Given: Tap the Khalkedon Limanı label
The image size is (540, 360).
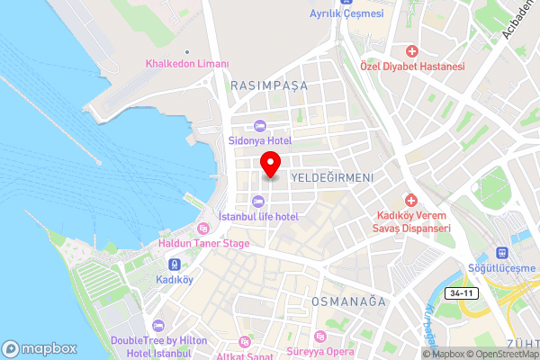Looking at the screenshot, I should tap(188, 65).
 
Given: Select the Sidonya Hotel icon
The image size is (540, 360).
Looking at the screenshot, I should tap(260, 126).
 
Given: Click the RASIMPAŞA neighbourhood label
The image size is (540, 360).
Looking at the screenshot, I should tap(269, 85).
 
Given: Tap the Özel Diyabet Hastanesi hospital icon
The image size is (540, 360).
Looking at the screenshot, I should tap(411, 51).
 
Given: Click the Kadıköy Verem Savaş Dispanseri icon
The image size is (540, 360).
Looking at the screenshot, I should tap(411, 200).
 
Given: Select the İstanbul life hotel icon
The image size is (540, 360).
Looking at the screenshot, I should tap(260, 201).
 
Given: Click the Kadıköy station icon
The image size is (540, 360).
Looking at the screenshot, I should tap(174, 265).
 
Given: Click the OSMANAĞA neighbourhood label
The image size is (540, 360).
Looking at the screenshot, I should tap(347, 300).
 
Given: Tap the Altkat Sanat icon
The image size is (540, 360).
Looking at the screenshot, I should tap(244, 342).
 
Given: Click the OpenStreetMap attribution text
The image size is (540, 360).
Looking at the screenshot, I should tap(503, 354).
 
